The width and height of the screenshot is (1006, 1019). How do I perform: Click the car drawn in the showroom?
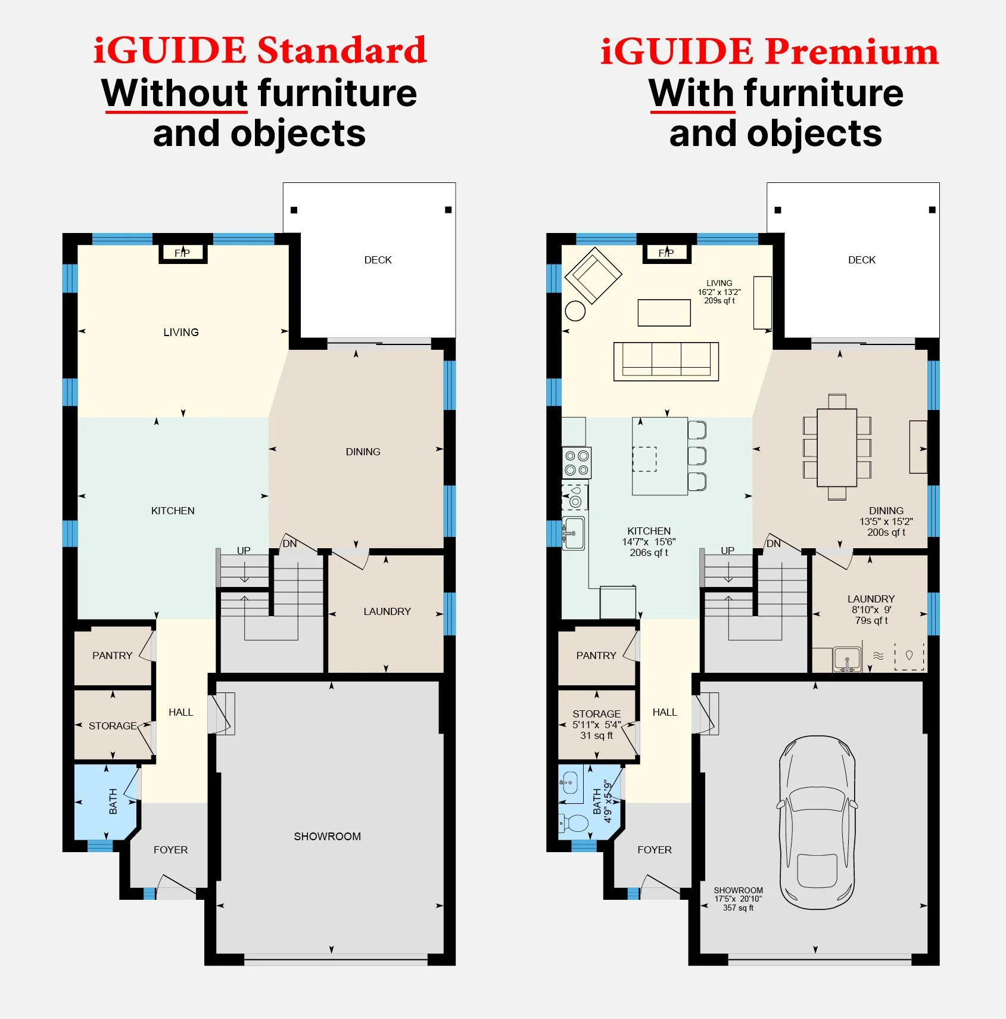[x=817, y=822]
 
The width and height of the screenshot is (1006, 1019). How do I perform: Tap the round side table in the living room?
[x=575, y=310]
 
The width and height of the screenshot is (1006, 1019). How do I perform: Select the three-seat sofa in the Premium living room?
[x=666, y=361]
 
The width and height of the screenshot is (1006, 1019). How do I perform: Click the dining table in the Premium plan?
[x=837, y=448]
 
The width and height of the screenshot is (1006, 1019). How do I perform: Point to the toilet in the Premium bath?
[x=573, y=824]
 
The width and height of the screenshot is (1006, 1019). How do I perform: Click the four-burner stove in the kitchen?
[x=577, y=463]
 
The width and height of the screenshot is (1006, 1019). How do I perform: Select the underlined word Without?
[x=175, y=94]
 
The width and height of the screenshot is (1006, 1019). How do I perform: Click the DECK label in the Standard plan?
[x=378, y=260]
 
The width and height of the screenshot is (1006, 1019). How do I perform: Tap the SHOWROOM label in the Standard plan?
[x=327, y=836]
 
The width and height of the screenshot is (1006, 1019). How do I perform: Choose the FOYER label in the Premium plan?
[x=655, y=850]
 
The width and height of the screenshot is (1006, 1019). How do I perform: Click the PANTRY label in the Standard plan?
[x=112, y=655]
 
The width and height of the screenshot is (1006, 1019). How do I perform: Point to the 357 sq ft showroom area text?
[x=738, y=908]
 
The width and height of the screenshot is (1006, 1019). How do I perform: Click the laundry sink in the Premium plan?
[x=847, y=658]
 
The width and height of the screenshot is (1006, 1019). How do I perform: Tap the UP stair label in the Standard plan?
[x=244, y=551]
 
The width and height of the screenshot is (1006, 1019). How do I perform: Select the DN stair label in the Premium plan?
[x=773, y=543]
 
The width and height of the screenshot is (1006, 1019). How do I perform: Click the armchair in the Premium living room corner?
[x=593, y=275]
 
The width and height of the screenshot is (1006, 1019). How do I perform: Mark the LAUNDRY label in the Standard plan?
[x=387, y=611]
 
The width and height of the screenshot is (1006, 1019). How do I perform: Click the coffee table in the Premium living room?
[x=664, y=313]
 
